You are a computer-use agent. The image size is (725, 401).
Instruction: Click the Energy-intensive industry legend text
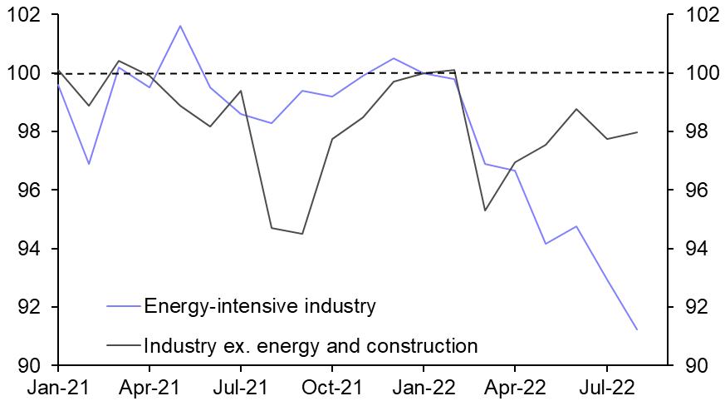[x=260, y=306]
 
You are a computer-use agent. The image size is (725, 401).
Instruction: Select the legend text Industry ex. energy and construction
[x=311, y=345]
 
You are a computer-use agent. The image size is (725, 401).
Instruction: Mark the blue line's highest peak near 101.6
[x=180, y=26]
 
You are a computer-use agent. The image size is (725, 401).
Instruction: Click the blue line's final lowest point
[x=636, y=330]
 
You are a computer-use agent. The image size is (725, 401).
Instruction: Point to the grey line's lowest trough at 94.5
[x=301, y=234]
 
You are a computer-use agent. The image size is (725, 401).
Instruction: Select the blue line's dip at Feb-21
[x=89, y=164]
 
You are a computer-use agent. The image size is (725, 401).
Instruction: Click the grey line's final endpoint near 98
[x=636, y=132]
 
